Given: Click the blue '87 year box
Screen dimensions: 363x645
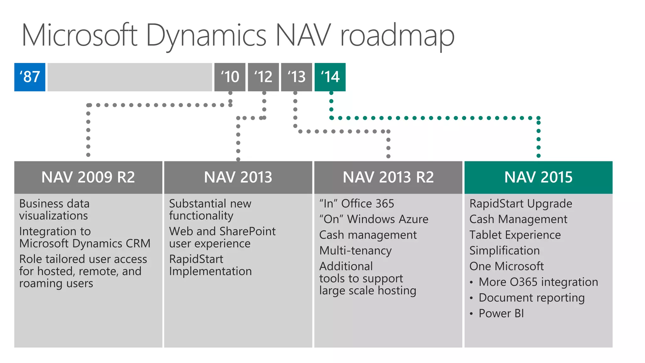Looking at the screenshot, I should pos(30,77).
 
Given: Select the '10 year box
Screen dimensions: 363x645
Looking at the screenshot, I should pos(230,77).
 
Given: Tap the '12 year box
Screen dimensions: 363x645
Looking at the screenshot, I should pos(263,77).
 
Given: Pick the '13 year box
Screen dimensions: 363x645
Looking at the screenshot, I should pos(296,77).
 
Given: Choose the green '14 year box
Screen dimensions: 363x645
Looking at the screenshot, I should pos(330,77).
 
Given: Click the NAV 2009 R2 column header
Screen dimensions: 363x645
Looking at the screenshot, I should pos(88,177).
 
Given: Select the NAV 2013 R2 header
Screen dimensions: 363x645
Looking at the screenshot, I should pos(388,177).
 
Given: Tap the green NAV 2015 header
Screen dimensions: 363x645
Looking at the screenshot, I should pos(538,177).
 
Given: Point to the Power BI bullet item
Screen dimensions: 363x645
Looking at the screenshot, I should pos(501,314).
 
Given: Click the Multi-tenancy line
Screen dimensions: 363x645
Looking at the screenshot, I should pos(355,251).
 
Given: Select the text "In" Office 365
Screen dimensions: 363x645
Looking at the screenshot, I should pos(357,204).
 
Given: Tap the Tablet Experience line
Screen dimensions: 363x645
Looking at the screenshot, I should pos(515,235).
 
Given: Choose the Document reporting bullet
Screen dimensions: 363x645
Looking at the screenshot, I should pos(531,298).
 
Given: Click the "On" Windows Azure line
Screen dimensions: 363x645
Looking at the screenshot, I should pos(374,219).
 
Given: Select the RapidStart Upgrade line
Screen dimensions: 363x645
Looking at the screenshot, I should pos(521,204).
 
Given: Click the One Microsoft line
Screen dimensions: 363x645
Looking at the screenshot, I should pos(506,267).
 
